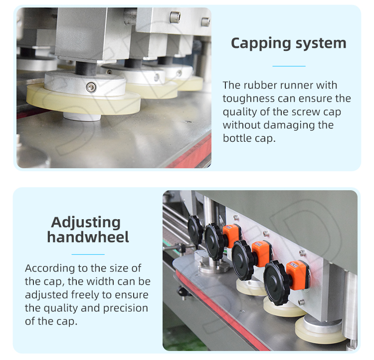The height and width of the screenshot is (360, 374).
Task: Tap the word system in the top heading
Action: pyautogui.click(x=321, y=43)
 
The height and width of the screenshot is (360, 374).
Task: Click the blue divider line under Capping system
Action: pyautogui.click(x=289, y=66)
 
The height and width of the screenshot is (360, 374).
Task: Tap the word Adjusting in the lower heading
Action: pyautogui.click(x=86, y=223)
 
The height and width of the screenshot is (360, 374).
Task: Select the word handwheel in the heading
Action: pyautogui.click(x=88, y=237)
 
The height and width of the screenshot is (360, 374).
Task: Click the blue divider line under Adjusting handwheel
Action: pyautogui.click(x=88, y=254)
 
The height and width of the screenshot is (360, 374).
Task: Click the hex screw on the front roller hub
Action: pyautogui.click(x=91, y=87)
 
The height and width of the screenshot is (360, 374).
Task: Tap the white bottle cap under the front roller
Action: pyautogui.click(x=82, y=116)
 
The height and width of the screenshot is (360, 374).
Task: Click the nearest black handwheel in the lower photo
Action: pyautogui.click(x=277, y=283)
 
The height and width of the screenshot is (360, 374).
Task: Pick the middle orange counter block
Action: pyautogui.click(x=261, y=254)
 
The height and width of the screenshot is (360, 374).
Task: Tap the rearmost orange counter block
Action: pyautogui.click(x=231, y=236)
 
